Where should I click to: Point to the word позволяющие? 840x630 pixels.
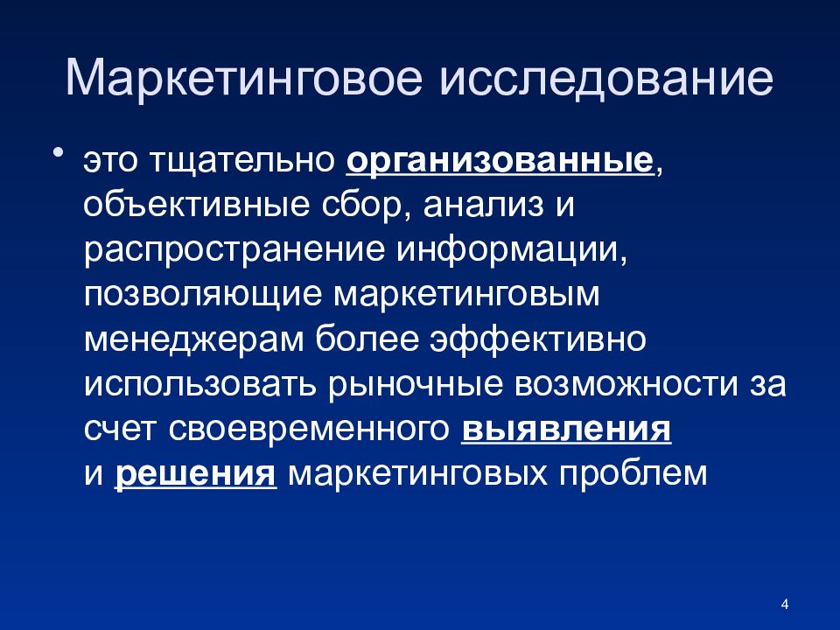[202, 296]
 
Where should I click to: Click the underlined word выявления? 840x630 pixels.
[564, 430]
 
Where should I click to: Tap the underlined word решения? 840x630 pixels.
[195, 475]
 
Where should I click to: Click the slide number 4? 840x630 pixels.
[784, 604]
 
